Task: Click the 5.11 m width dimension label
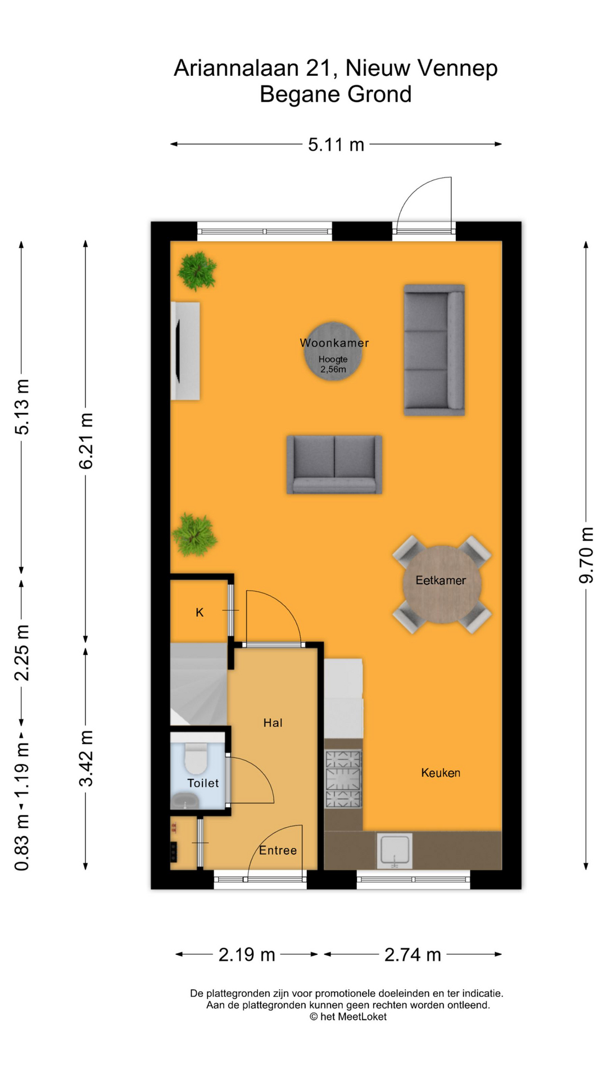(x=336, y=145)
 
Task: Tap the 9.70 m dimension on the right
(x=586, y=555)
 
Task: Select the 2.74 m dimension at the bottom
(x=412, y=954)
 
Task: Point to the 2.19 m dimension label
(x=246, y=954)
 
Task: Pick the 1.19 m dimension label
(x=21, y=770)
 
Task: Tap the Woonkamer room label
(x=334, y=343)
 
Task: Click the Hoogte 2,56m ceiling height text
(x=333, y=364)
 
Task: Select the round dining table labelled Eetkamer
(x=441, y=584)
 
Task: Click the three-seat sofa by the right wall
(x=434, y=350)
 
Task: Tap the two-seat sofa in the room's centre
(x=334, y=464)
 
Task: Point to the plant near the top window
(x=197, y=271)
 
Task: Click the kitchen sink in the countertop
(x=395, y=850)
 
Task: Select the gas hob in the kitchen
(x=343, y=779)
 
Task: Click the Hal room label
(x=273, y=723)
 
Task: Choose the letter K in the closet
(x=200, y=613)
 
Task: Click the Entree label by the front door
(x=278, y=850)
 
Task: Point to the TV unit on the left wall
(x=185, y=351)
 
